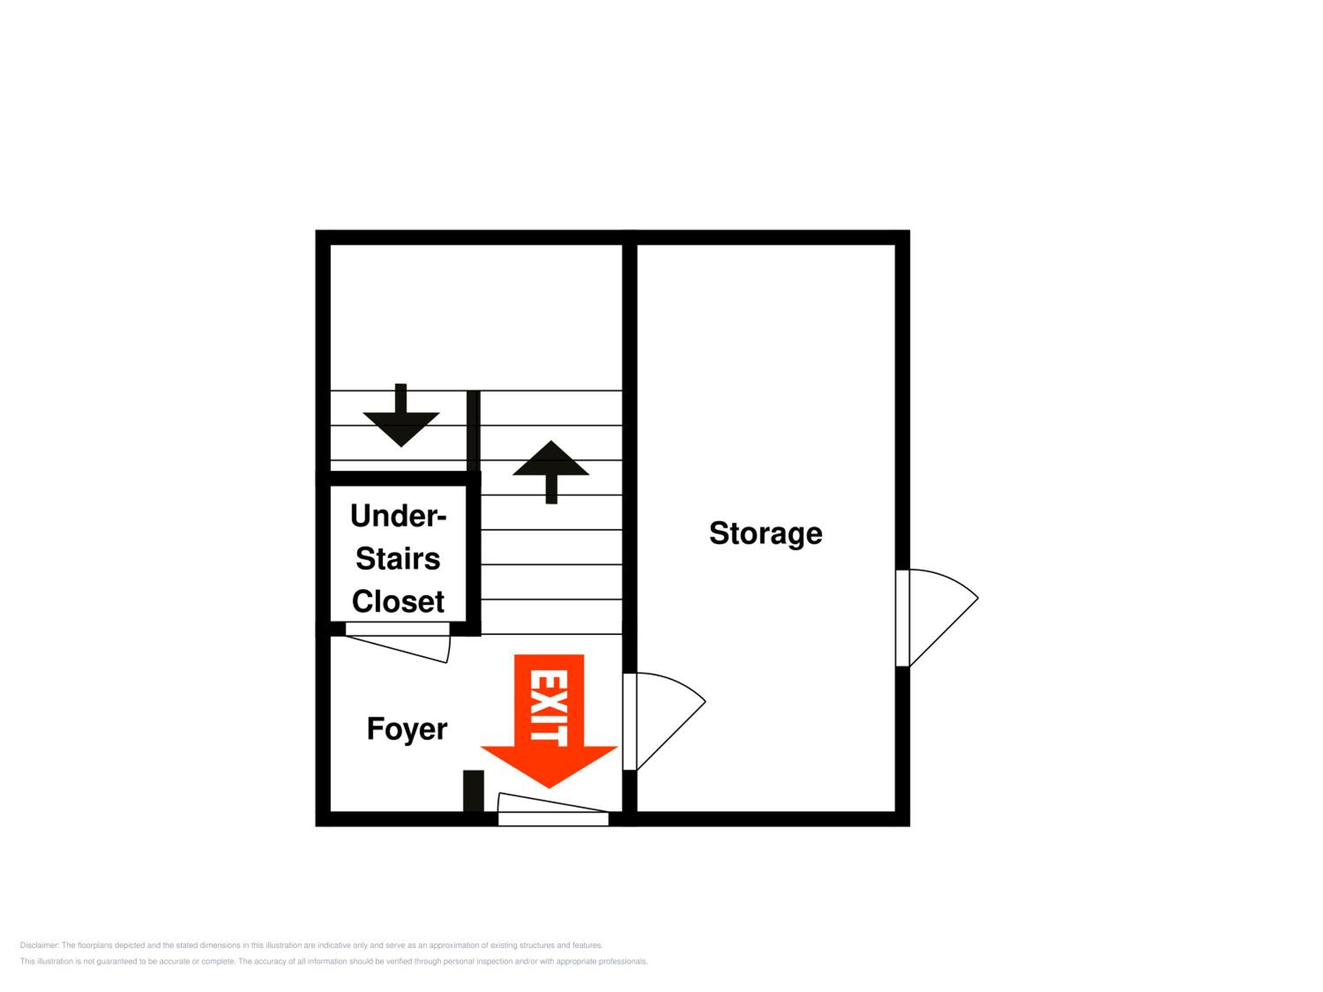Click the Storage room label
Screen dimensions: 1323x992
(x=766, y=533)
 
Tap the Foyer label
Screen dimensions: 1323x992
(x=407, y=729)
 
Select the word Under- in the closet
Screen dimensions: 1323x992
(x=398, y=515)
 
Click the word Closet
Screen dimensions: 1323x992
(x=398, y=601)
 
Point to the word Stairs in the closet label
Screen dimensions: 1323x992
(x=398, y=559)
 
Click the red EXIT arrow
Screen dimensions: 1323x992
(x=549, y=721)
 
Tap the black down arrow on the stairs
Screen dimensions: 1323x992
(x=401, y=415)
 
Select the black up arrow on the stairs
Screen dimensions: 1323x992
(x=551, y=472)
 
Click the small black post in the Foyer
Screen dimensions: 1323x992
(x=474, y=791)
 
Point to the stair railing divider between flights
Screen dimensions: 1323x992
(x=473, y=430)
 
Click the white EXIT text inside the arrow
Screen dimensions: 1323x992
(x=549, y=708)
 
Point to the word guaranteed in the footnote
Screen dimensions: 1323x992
(x=116, y=962)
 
